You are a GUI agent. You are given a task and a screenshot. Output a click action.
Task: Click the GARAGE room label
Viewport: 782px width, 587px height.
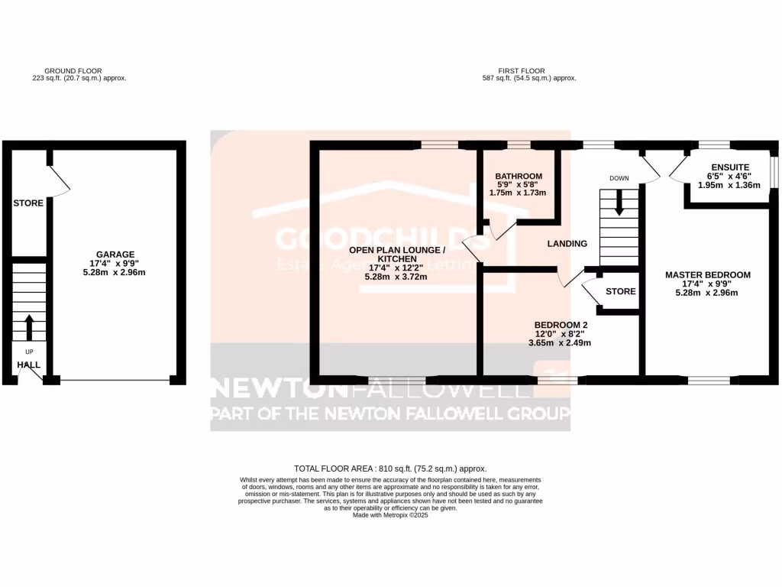coord(115,255)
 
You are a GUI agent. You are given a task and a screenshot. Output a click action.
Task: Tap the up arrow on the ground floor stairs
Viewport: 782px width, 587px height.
coord(29,327)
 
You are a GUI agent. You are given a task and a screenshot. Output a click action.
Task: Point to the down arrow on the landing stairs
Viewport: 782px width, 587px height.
coord(619,202)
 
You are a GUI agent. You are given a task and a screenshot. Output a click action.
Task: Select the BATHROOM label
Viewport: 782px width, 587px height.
coord(519,177)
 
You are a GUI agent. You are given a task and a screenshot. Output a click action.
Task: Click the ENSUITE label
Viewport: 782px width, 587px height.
coord(730,167)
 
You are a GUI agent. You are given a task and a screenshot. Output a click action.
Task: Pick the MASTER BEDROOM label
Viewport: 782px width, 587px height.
coord(708,275)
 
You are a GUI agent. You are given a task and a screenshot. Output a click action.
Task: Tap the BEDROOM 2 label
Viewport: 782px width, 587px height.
coord(561,325)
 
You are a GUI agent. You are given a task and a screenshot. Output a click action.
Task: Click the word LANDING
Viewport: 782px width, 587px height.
coord(567,244)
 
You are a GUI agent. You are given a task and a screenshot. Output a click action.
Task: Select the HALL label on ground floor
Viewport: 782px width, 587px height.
coord(29,365)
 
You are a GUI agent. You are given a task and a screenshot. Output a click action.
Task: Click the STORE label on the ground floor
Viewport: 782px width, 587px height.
coord(28,203)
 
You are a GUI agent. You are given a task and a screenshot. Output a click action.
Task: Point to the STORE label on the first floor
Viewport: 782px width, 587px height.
coord(621,291)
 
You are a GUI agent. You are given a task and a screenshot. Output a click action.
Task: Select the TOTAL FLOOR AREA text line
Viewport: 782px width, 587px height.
coord(390,469)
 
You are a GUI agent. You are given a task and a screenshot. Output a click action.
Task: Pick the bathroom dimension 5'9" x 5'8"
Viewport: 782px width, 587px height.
coord(519,185)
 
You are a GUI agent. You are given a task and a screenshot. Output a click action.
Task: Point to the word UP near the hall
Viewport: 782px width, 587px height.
coord(29,352)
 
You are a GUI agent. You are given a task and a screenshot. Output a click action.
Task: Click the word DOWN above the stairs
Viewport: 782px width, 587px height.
coord(619,179)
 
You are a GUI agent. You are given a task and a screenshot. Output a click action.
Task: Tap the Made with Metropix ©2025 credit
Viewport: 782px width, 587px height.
coord(390,515)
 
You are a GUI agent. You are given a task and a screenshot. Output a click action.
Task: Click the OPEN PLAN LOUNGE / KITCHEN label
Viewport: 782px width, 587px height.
coord(396,255)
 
